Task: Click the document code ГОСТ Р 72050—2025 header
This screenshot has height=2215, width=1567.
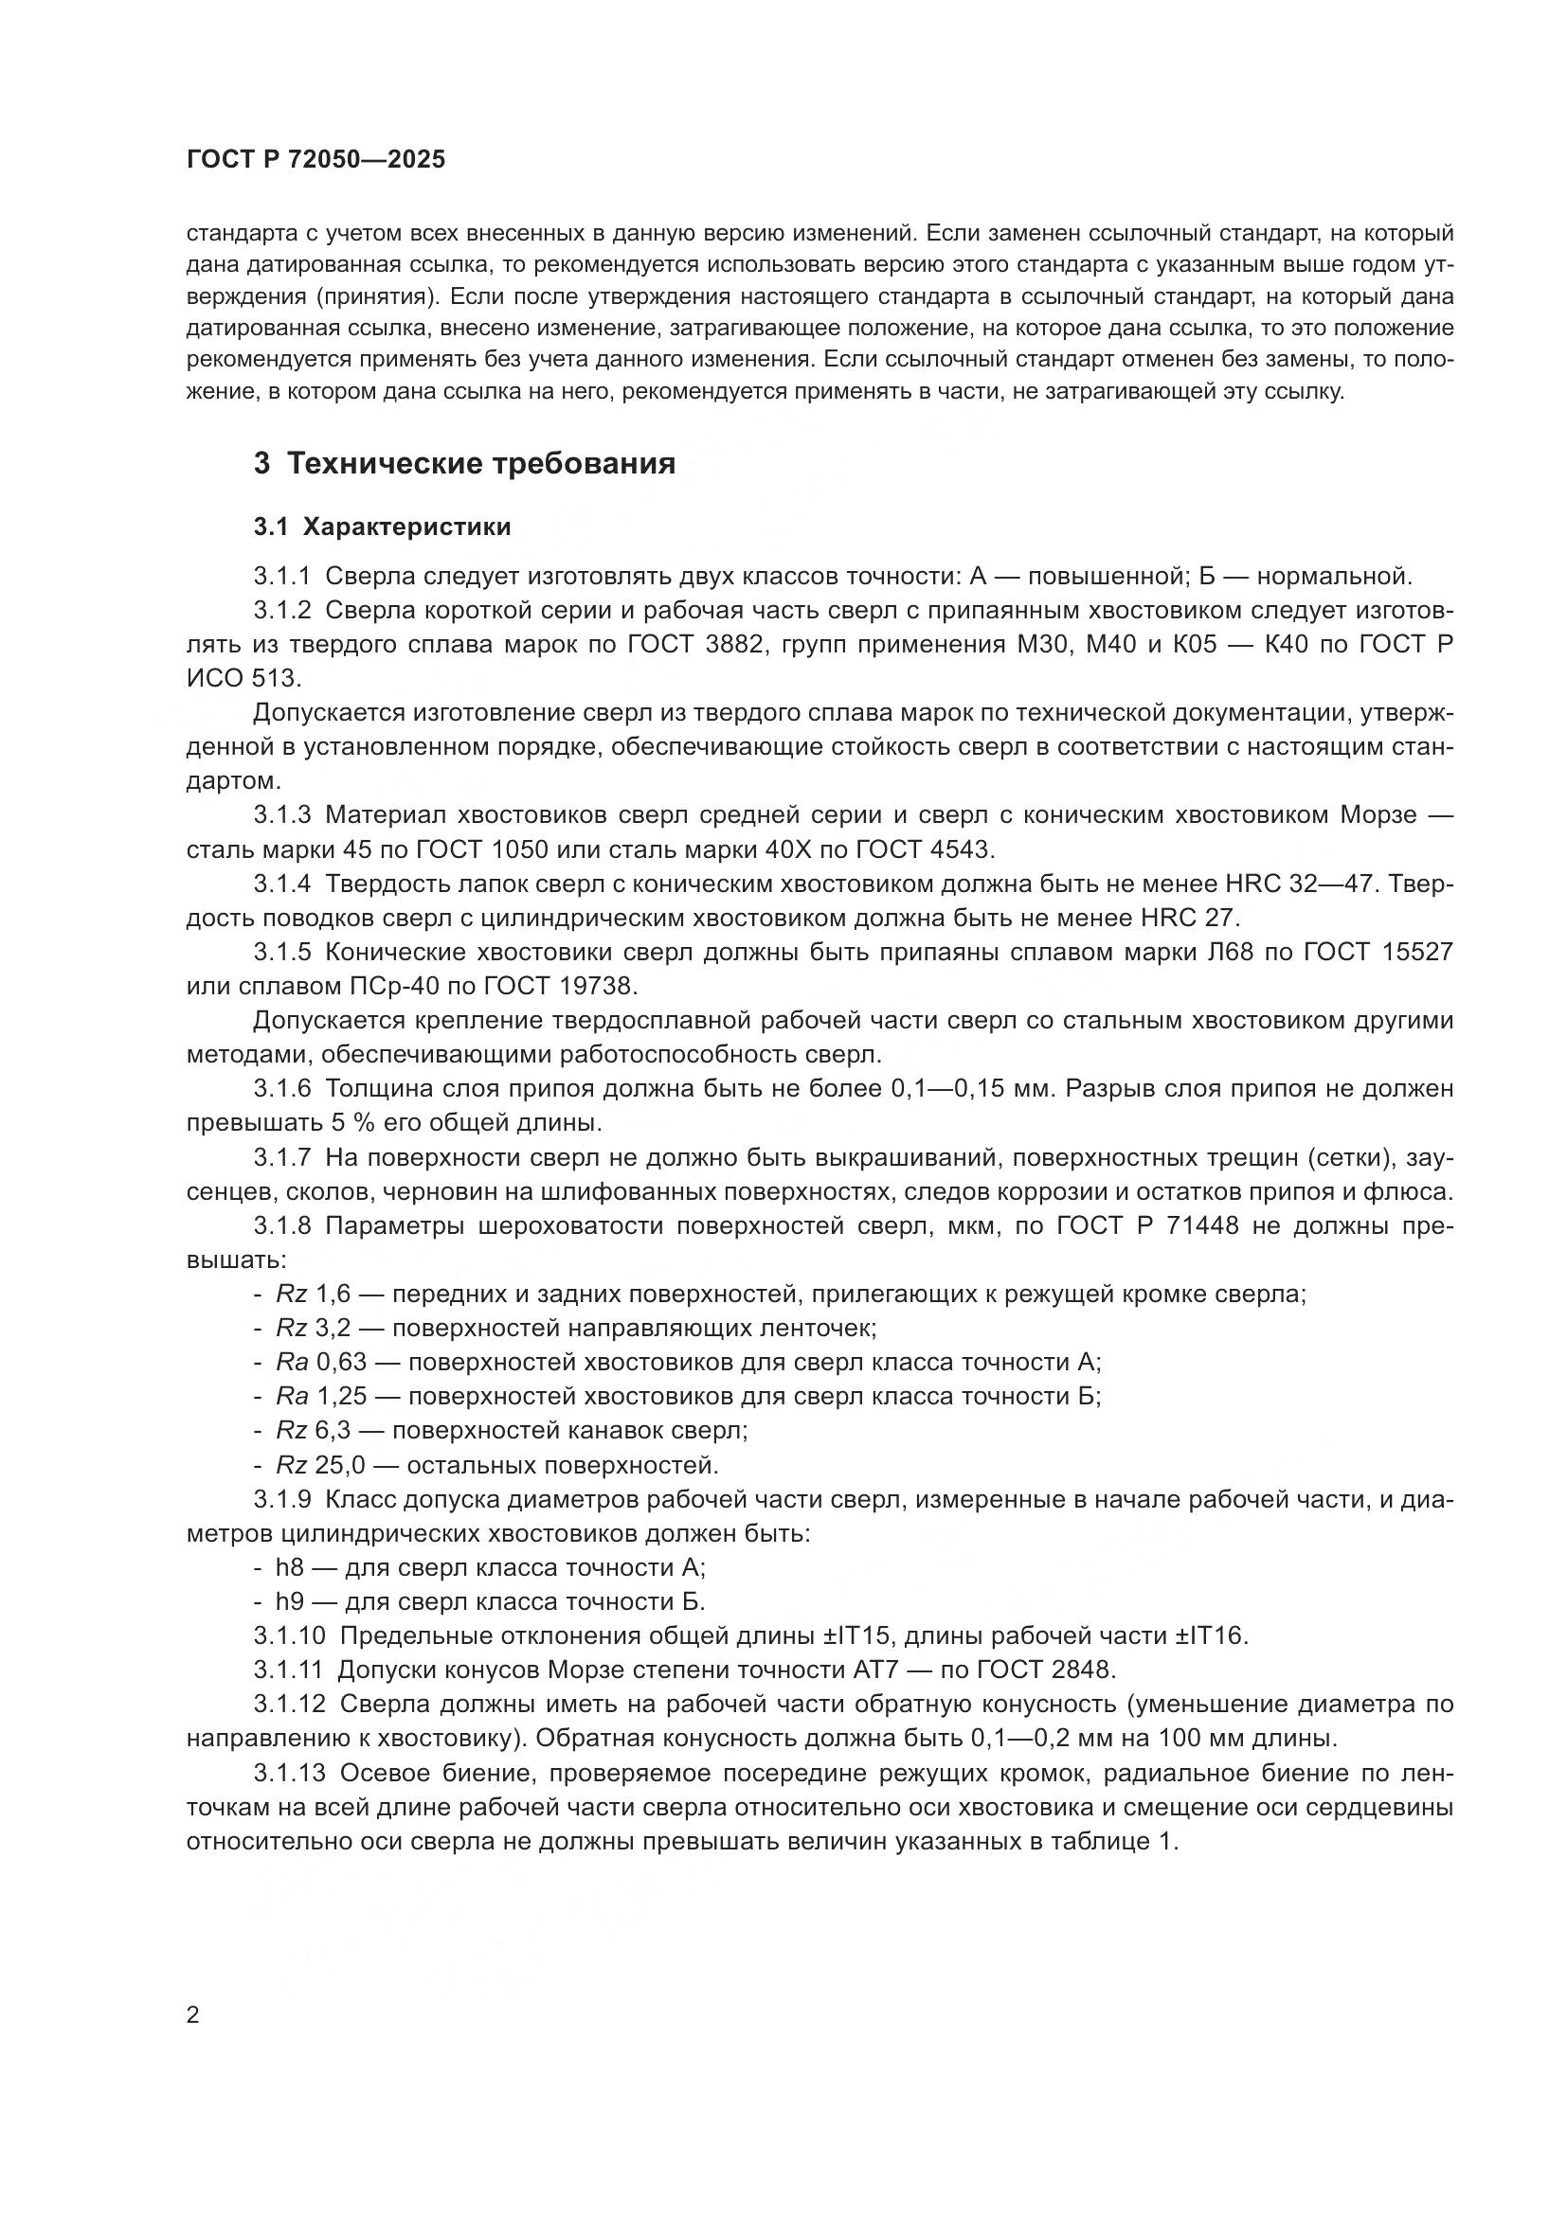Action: click(315, 160)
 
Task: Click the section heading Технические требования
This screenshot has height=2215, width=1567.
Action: click(480, 464)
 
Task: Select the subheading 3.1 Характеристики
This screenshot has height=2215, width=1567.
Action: click(382, 527)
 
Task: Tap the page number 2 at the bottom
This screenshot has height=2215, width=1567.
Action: click(193, 2015)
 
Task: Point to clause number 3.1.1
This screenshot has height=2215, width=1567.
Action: click(282, 577)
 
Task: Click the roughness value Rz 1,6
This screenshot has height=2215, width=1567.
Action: click(306, 1295)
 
